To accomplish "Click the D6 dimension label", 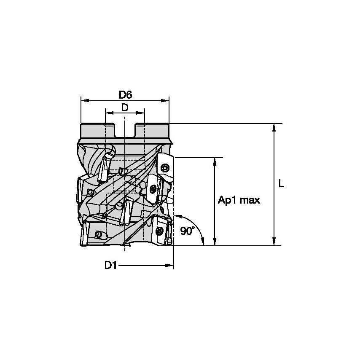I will (x=125, y=95).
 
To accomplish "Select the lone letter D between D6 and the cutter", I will (x=125, y=107).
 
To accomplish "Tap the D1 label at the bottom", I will (x=110, y=266).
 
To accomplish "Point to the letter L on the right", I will (x=282, y=184).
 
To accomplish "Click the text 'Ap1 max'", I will (x=239, y=200).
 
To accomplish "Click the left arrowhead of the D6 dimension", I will (x=83, y=101).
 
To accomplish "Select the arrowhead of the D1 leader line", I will (x=170, y=266).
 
